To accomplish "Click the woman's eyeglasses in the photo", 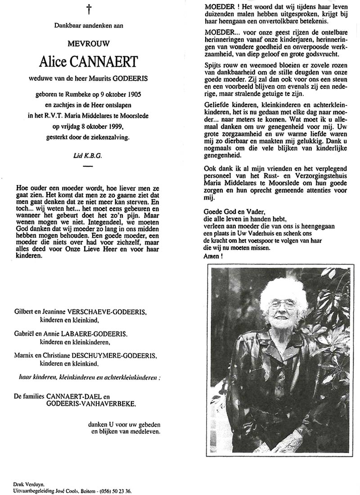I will [282, 305].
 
